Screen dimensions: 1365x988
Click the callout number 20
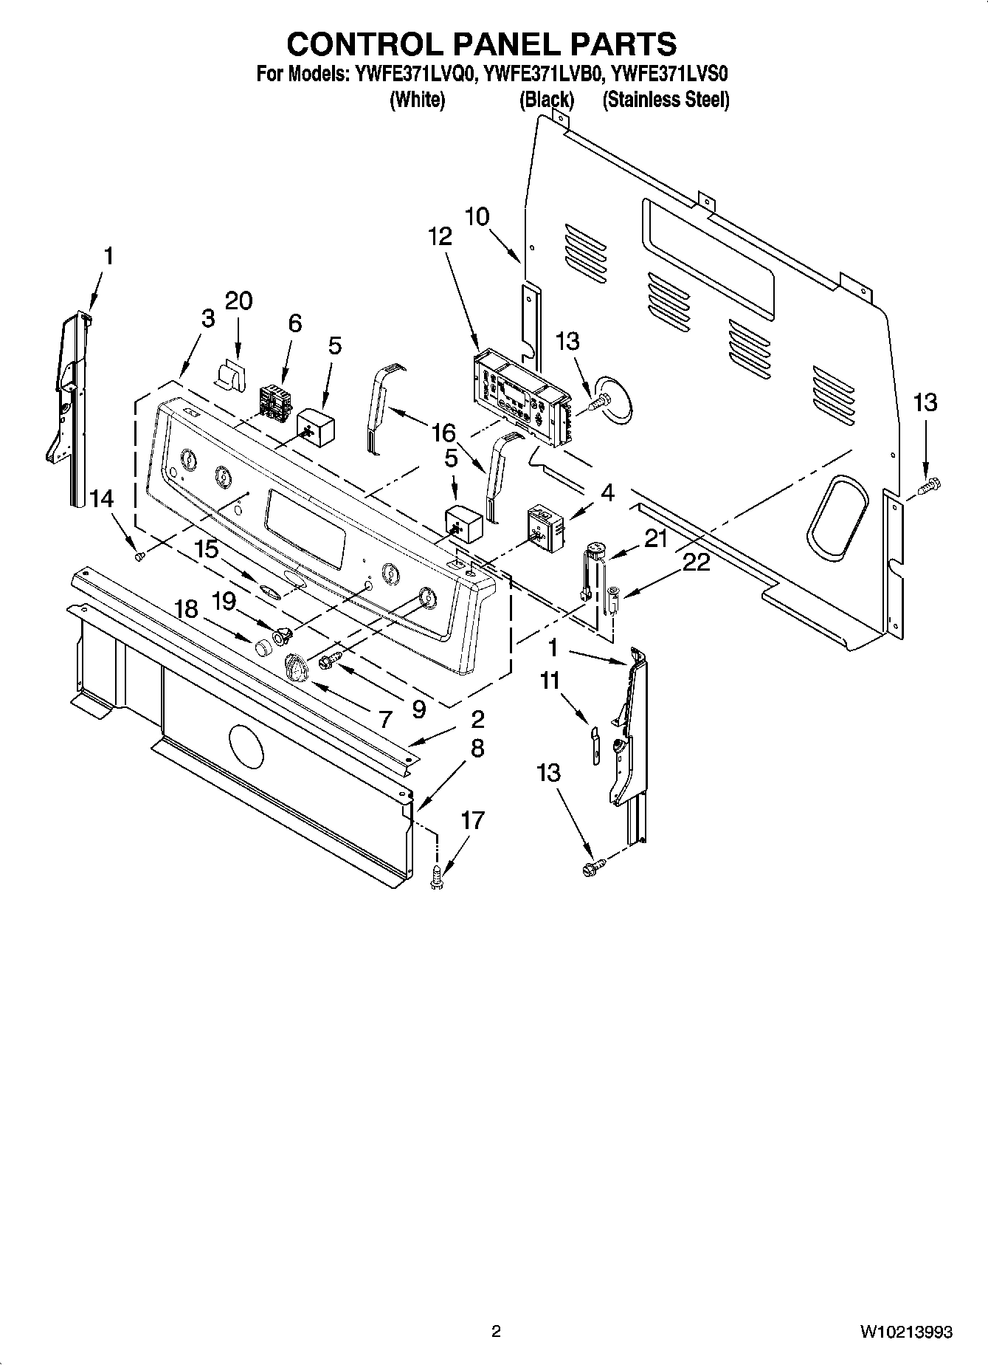(238, 300)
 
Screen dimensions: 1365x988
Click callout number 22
(696, 563)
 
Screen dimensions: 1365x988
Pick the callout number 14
(102, 499)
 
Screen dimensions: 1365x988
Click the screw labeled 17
(437, 876)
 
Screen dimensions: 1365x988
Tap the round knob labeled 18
(260, 649)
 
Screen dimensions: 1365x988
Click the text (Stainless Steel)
(666, 100)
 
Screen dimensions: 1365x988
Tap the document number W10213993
(905, 1332)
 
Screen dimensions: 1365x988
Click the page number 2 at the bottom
(496, 1332)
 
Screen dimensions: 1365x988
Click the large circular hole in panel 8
(246, 746)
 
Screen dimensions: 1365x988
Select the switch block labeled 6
(274, 405)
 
